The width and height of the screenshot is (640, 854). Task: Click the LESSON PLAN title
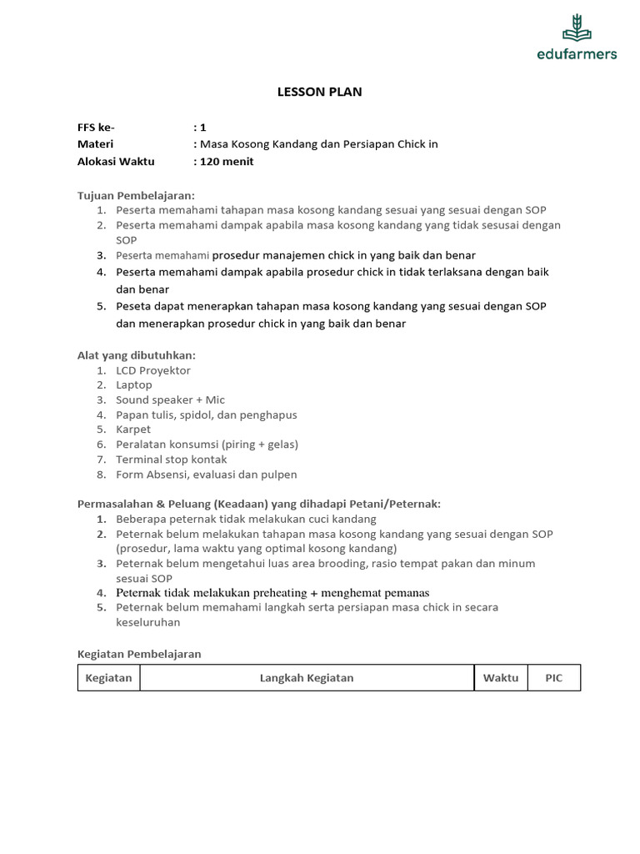319,92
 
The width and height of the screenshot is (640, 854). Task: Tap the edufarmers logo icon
577,28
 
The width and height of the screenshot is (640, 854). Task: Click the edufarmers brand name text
577,54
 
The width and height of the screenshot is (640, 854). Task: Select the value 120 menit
226,162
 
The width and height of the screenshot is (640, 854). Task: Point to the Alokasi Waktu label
116,162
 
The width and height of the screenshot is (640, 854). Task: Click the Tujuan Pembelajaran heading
135,195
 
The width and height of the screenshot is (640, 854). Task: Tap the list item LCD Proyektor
153,370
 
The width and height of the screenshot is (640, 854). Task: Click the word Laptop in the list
134,385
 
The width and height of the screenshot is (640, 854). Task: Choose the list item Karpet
133,430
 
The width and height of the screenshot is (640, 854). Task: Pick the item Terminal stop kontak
172,460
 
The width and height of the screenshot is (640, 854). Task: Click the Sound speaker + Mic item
171,400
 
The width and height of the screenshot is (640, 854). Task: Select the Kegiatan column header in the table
109,678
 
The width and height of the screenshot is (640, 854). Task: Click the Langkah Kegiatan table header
307,678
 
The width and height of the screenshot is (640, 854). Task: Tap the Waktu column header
501,678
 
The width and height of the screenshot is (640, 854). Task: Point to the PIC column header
554,678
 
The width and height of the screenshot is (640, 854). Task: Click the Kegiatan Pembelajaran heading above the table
139,655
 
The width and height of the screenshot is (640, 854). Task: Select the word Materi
95,144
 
